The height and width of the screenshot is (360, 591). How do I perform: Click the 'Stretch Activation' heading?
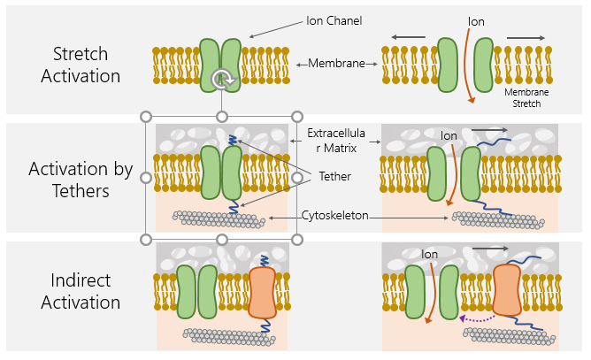[x=73, y=64]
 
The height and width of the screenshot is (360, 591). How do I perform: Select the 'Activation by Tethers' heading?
[x=73, y=178]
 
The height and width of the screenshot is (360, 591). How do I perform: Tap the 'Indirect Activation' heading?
[x=73, y=292]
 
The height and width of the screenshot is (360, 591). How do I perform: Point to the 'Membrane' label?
[x=337, y=64]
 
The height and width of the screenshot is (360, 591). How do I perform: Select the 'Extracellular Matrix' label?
[x=334, y=141]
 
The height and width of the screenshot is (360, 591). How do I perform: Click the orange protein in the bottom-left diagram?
[x=265, y=293]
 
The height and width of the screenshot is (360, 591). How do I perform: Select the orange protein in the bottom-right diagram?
[x=508, y=289]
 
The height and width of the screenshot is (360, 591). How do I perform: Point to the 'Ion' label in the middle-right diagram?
[x=449, y=135]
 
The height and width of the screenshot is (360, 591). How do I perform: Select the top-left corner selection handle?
[x=146, y=116]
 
